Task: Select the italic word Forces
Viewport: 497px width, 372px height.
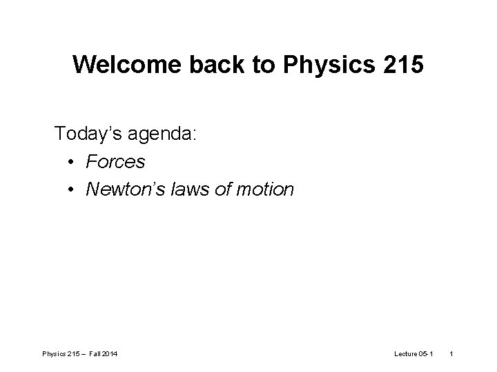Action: pyautogui.click(x=115, y=161)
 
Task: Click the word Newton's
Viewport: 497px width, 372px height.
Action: pyautogui.click(x=122, y=189)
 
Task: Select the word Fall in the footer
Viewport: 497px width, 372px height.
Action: pyautogui.click(x=95, y=353)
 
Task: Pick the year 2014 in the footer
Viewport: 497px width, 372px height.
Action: pyautogui.click(x=110, y=353)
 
